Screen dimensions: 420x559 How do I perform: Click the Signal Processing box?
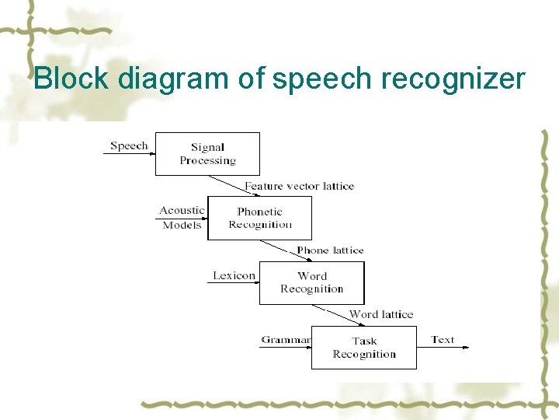[207, 154]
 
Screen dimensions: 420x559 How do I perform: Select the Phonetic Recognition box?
[259, 218]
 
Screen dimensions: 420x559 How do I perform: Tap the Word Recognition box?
[311, 282]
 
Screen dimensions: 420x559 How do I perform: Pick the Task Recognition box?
[363, 347]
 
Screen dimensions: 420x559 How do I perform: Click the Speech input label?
[129, 145]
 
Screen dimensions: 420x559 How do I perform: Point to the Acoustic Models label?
[182, 217]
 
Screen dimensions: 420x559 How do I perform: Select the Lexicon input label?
[234, 275]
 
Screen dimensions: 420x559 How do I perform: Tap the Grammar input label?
[286, 340]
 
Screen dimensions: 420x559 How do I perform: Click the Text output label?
[443, 340]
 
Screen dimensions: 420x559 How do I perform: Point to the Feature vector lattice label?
[299, 186]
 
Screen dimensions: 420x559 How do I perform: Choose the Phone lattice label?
[330, 250]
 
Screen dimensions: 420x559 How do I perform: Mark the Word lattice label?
[381, 314]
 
